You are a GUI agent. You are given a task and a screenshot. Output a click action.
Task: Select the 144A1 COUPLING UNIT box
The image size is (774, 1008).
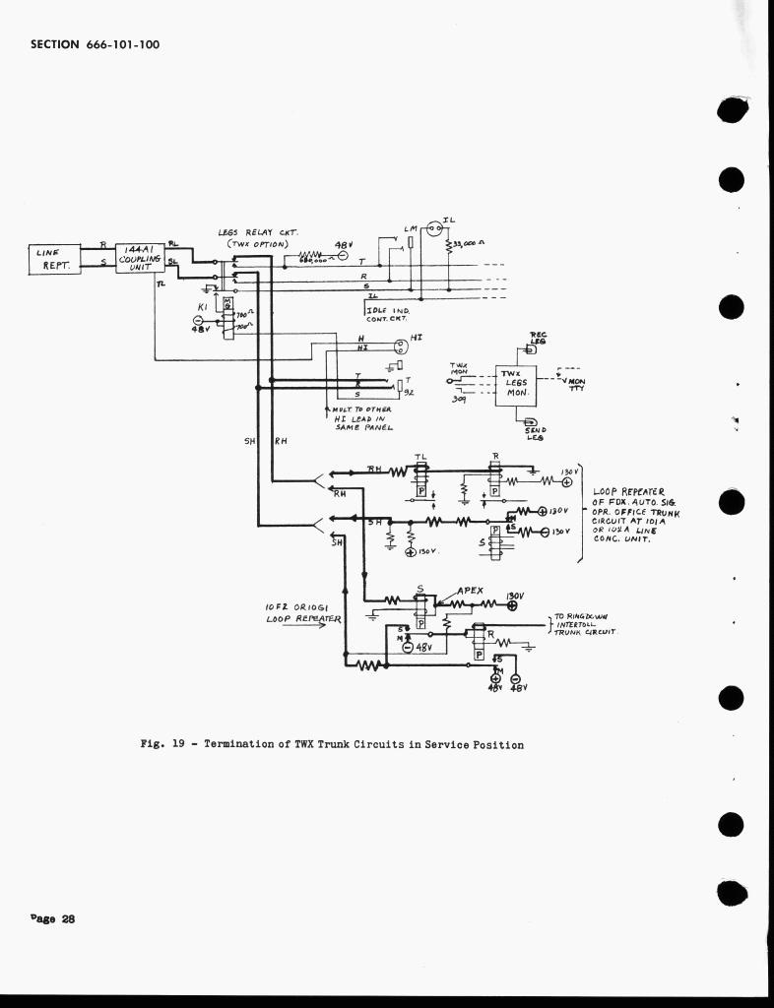[140, 258]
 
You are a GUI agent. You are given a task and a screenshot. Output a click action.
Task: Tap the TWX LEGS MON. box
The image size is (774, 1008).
[516, 383]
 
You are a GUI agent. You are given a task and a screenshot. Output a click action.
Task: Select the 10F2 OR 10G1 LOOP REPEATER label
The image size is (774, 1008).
[302, 614]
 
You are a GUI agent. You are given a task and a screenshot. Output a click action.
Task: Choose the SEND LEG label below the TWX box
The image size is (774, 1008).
[537, 432]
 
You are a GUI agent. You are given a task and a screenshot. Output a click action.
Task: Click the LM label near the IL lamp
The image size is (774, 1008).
[411, 228]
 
